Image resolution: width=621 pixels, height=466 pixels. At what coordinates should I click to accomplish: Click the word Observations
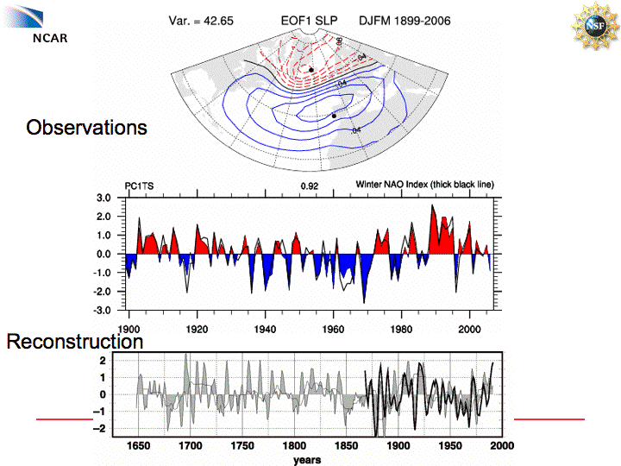pos(86,128)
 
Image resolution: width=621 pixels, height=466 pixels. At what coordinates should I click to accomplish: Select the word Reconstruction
pos(75,343)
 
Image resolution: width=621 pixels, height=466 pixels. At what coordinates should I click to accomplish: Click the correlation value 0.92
pos(310,186)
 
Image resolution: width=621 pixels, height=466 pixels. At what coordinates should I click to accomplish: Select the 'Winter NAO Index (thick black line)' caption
pos(424,186)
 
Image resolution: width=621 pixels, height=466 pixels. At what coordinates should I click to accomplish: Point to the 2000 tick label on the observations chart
pos(469,329)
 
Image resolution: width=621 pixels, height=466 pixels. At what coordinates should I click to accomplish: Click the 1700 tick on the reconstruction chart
pos(190,446)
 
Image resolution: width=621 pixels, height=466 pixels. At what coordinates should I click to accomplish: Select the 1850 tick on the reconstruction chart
pos(346,446)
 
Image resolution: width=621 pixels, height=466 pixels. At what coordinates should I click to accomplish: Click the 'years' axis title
pos(306,460)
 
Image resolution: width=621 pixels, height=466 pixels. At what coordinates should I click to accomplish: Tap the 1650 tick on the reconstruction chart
pos(138,446)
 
